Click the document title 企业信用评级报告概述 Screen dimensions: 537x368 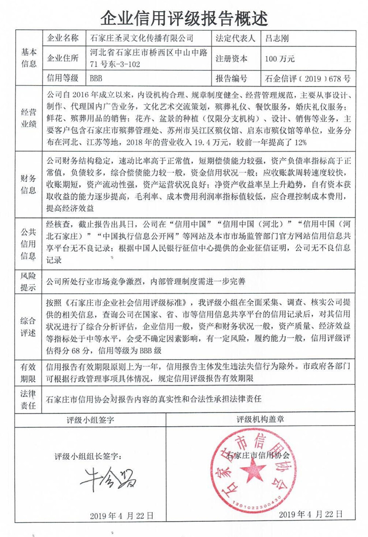click(184, 17)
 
